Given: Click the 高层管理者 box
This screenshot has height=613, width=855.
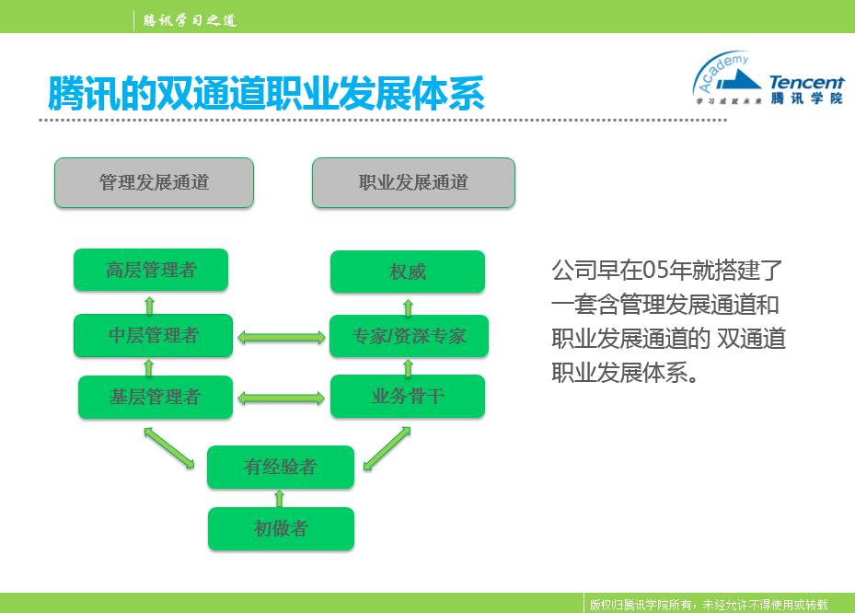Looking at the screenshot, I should point(151,271).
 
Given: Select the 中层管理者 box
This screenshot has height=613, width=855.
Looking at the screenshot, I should point(154,335).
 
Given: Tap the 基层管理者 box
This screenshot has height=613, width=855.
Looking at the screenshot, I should point(155,398).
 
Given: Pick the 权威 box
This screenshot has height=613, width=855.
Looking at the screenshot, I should point(407,272).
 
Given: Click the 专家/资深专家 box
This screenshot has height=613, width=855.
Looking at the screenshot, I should point(409,336).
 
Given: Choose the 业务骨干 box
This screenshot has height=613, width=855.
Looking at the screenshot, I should point(408,397).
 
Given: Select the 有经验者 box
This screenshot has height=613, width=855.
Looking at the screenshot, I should point(280,467).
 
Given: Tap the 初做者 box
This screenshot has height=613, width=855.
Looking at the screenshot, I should point(280,528).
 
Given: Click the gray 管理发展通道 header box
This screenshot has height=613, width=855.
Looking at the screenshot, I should point(154,182).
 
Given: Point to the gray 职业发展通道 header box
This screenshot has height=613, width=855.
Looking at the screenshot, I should point(413,182).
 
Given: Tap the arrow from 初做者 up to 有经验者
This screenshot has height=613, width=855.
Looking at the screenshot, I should point(280,498).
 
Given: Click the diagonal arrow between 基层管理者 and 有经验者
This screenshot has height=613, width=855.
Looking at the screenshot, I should point(169,447).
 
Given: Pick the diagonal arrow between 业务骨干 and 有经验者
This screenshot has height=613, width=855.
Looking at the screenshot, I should point(387,448).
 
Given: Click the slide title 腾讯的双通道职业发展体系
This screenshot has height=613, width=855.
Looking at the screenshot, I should point(267,94).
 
